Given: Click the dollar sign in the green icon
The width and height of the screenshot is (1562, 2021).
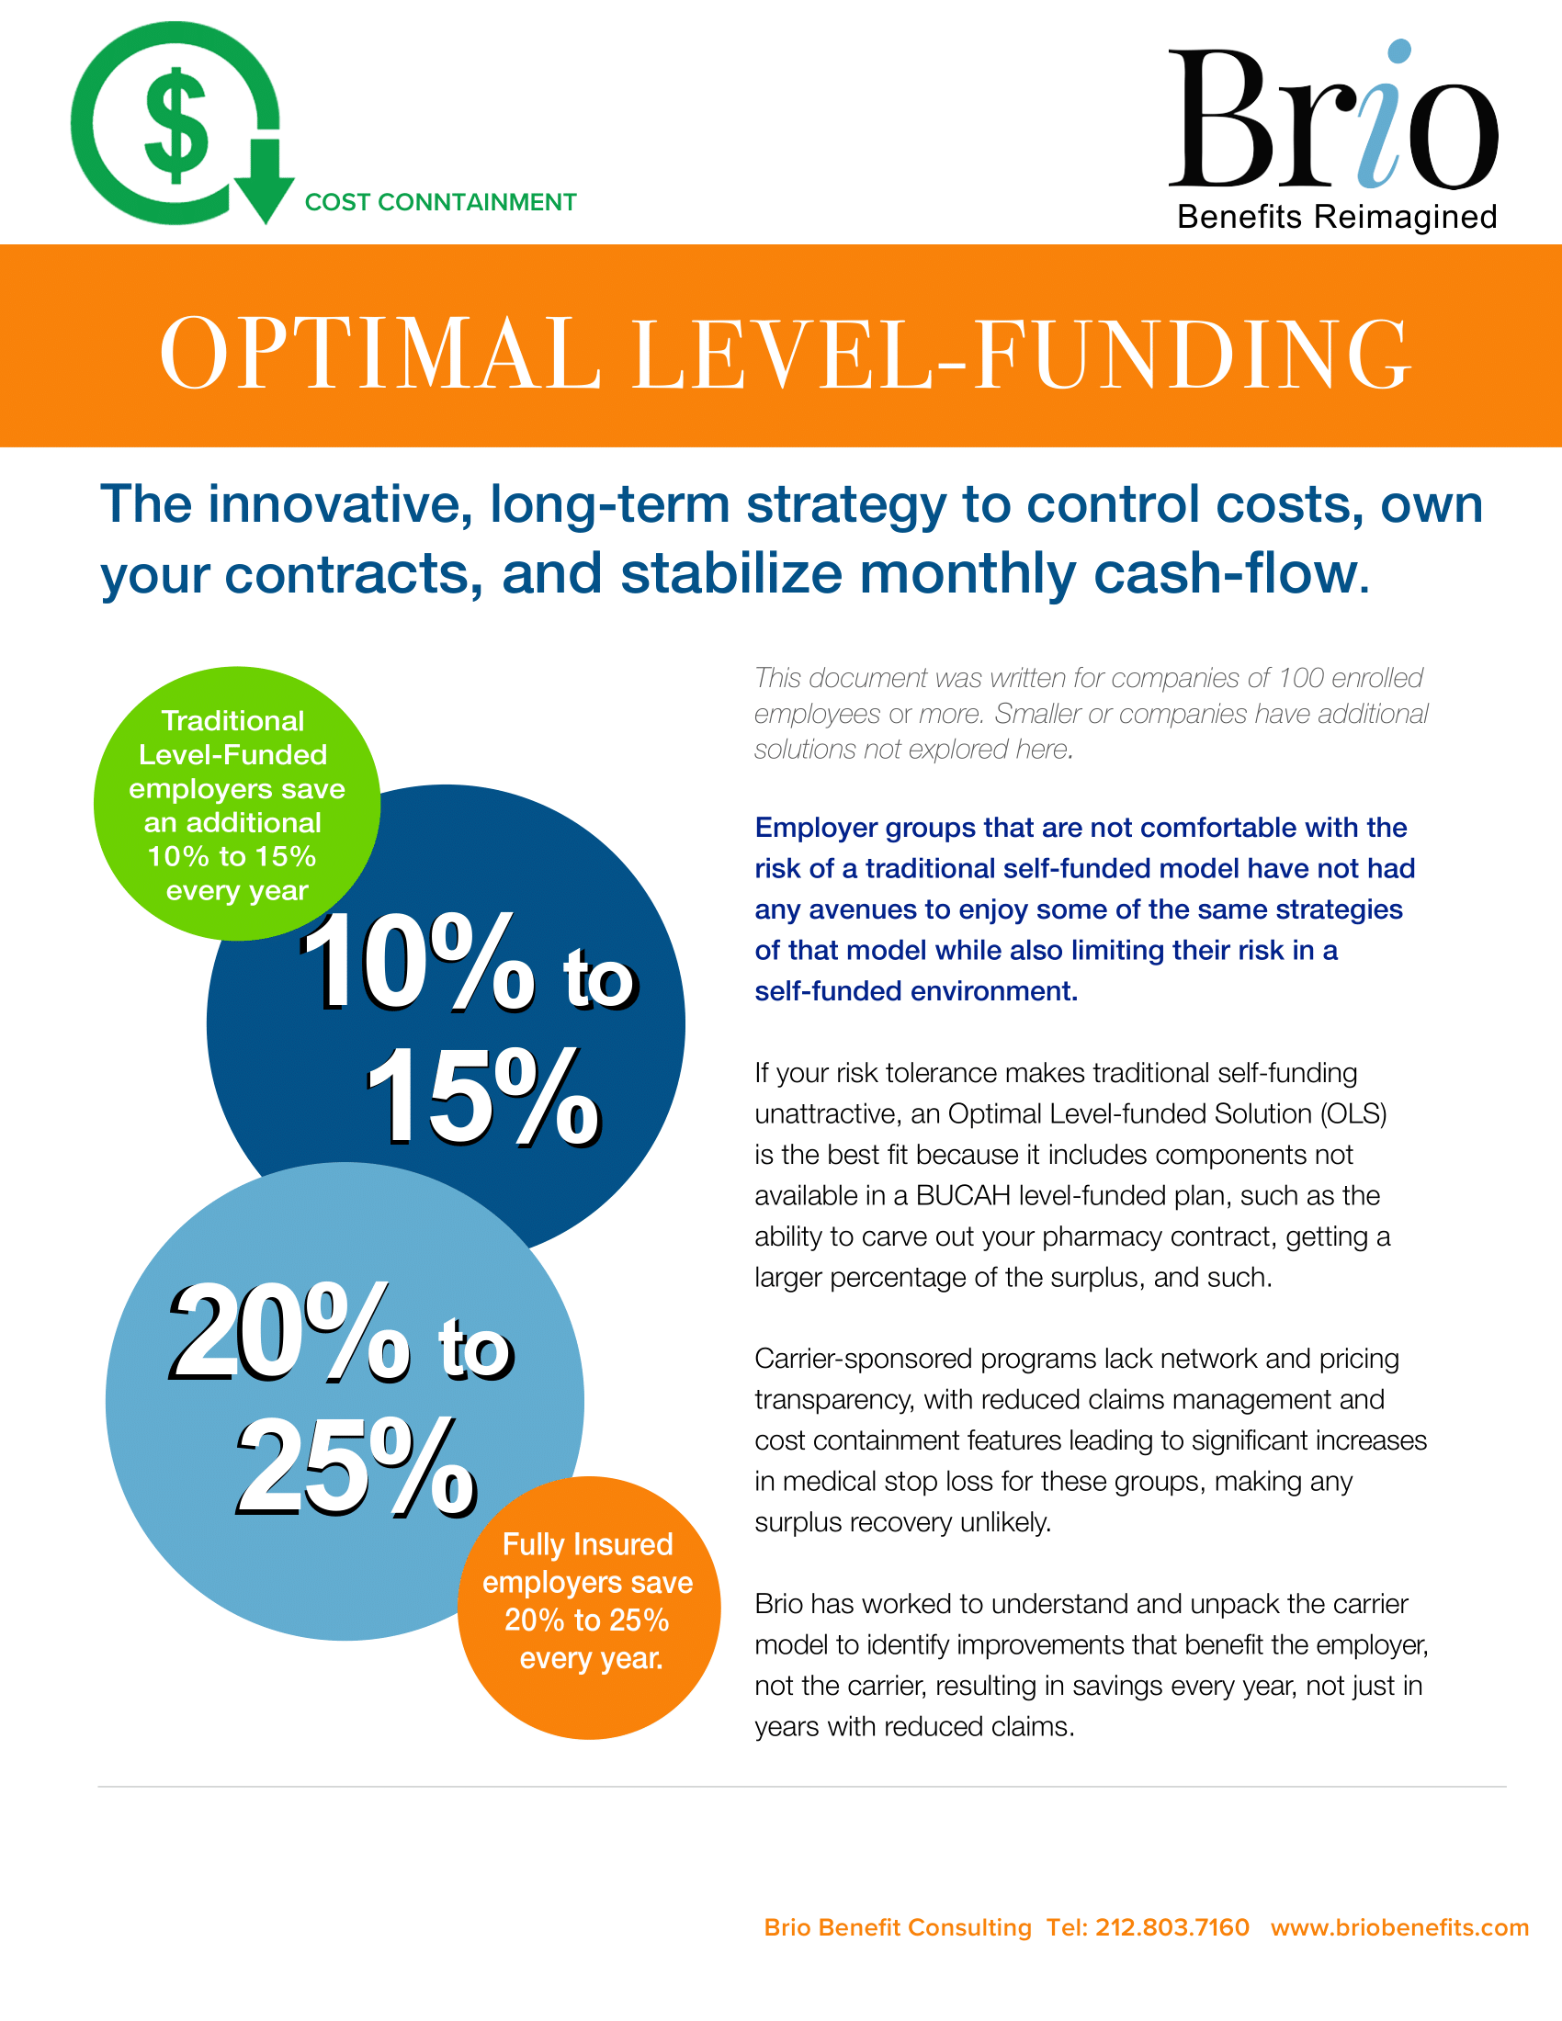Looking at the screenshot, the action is click(x=175, y=125).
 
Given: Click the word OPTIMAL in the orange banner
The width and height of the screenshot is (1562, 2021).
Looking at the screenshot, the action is click(x=380, y=354).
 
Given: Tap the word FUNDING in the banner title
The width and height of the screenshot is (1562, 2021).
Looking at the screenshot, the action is click(x=1193, y=354).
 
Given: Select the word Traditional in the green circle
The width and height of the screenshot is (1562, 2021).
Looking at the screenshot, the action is click(x=232, y=721).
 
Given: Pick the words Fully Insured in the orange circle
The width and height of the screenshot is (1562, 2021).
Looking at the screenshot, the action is click(x=588, y=1545).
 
